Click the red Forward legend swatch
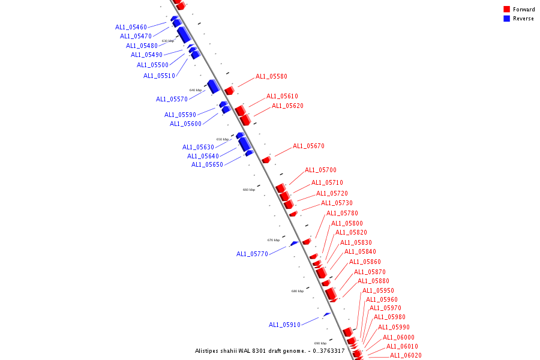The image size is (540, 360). (506, 10)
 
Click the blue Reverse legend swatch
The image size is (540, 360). (506, 19)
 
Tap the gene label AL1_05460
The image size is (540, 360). (131, 28)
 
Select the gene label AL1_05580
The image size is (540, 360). (271, 77)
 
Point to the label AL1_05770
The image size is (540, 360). (252, 254)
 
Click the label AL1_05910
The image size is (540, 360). (284, 325)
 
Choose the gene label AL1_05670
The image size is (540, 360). (308, 146)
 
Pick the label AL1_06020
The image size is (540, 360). (406, 356)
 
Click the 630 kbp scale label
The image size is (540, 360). (168, 41)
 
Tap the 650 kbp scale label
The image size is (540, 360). (223, 139)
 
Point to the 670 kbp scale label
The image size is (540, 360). (274, 240)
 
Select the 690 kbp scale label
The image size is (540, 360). (320, 343)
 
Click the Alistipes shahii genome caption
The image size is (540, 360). (269, 351)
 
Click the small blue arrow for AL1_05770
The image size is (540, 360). (294, 243)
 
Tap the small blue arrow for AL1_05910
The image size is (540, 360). (327, 314)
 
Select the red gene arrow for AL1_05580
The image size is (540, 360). (229, 90)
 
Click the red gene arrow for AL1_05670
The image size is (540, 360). (266, 160)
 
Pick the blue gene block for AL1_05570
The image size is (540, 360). (213, 86)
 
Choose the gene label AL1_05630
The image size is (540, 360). (198, 147)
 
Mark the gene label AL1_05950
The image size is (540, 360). (378, 291)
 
